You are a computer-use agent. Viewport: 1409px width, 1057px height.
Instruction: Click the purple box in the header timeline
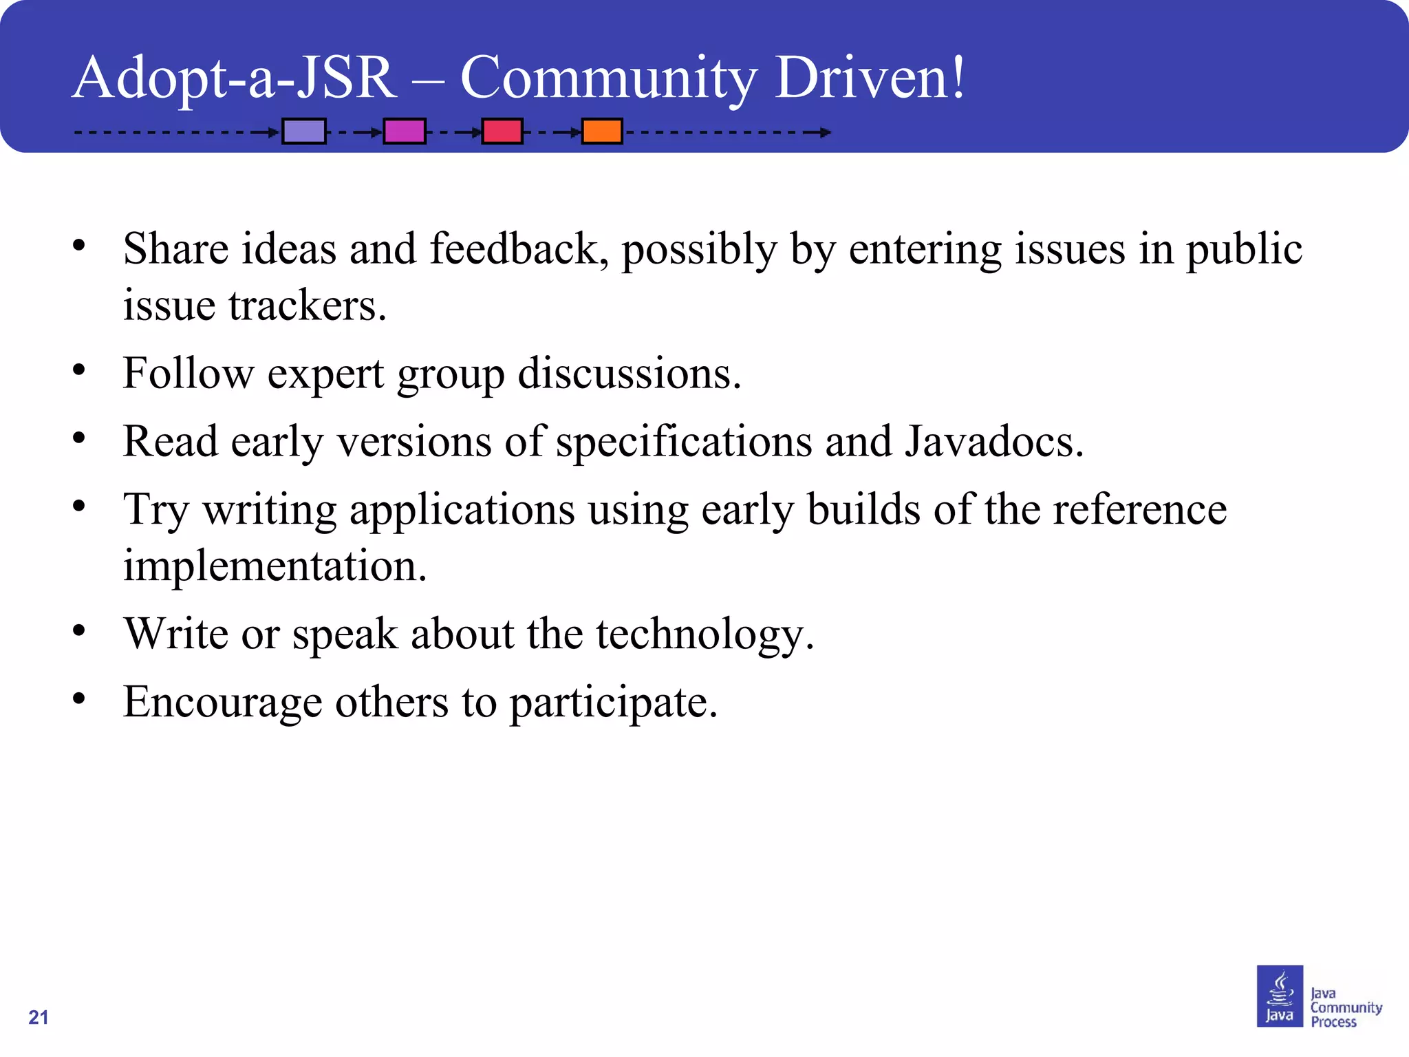304,131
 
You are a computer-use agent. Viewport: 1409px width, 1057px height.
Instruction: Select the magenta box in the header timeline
405,131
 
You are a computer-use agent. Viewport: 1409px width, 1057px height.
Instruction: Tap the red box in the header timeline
502,131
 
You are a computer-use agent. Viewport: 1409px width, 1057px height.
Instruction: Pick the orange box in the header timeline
602,131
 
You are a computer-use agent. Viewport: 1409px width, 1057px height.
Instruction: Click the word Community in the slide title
608,77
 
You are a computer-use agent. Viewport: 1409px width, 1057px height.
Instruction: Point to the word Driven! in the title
870,77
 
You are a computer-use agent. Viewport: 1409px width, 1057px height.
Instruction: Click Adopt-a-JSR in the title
235,77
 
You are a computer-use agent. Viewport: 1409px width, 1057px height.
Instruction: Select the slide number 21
39,1017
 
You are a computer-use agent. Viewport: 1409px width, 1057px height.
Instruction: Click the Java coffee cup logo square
1280,996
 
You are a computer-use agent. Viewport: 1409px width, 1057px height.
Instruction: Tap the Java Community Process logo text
1345,1007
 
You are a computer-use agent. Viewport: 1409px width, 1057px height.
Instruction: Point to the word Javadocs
993,441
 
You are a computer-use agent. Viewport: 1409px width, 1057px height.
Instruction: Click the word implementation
275,566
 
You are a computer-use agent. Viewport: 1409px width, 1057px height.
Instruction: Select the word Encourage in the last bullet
222,703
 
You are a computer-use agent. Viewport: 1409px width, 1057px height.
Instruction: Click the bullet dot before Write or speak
79,630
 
